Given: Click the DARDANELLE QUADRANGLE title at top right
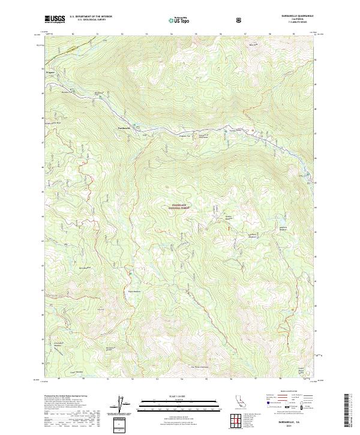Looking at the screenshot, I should [x=296, y=16].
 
